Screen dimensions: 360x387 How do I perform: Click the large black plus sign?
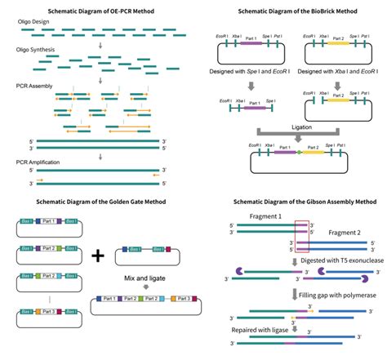point(99,255)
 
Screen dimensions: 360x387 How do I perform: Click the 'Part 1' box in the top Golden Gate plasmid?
point(50,221)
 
